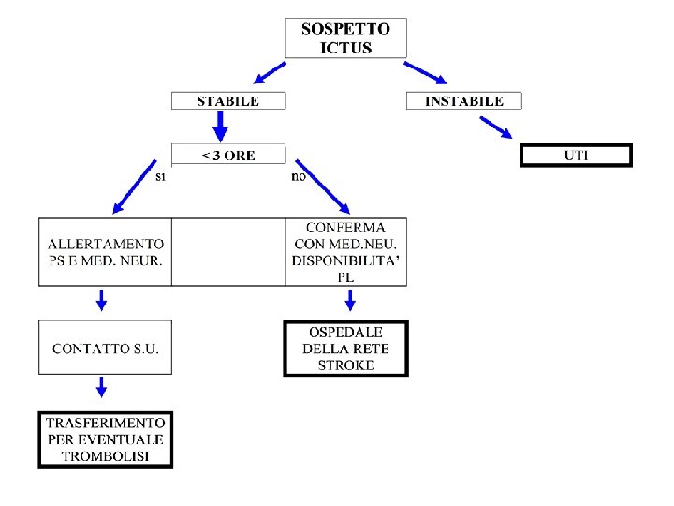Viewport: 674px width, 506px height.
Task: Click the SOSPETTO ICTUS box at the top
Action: click(x=345, y=38)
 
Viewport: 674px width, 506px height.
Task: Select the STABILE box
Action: click(x=227, y=101)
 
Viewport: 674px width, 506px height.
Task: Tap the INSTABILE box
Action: click(x=464, y=101)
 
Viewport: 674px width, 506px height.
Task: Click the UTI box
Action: click(x=576, y=155)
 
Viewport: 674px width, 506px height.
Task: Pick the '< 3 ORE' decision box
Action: click(x=228, y=156)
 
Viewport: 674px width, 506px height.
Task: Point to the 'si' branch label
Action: click(x=160, y=175)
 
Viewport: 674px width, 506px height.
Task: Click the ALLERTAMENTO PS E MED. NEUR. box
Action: click(x=105, y=252)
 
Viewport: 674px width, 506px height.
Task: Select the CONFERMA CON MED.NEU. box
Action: click(x=346, y=252)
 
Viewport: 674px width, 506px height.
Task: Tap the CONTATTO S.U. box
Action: click(x=105, y=348)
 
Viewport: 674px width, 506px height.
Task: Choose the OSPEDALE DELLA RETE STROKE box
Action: click(x=346, y=348)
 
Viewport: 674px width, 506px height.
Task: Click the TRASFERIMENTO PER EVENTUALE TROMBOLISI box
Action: click(x=105, y=439)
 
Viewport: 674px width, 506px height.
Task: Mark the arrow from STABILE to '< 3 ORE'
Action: click(x=222, y=125)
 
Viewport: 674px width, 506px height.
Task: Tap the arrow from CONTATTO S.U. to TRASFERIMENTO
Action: click(x=102, y=386)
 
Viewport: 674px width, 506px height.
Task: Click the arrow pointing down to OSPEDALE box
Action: click(x=350, y=300)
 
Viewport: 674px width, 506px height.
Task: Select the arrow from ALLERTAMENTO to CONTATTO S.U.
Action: click(x=102, y=300)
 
